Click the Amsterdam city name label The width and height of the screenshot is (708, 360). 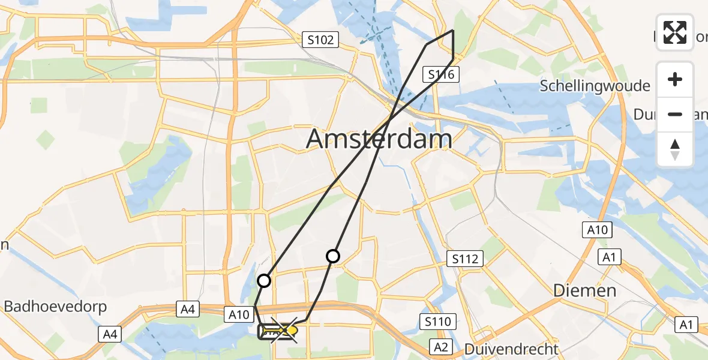(x=379, y=139)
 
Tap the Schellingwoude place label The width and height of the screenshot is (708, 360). (x=595, y=86)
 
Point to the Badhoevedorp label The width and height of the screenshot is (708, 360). (x=55, y=307)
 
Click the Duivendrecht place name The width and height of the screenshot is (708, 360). (x=511, y=349)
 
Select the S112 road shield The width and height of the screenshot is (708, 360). (x=466, y=259)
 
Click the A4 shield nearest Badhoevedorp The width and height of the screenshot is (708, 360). (x=109, y=334)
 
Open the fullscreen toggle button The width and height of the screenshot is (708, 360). (x=675, y=32)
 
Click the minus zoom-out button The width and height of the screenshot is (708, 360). (x=675, y=114)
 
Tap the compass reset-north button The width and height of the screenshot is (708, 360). (x=675, y=149)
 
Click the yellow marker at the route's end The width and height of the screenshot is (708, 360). (x=292, y=329)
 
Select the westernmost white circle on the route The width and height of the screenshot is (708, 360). (x=264, y=280)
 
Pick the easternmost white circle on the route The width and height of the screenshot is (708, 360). (x=333, y=256)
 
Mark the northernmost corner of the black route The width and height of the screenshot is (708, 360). (x=453, y=30)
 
